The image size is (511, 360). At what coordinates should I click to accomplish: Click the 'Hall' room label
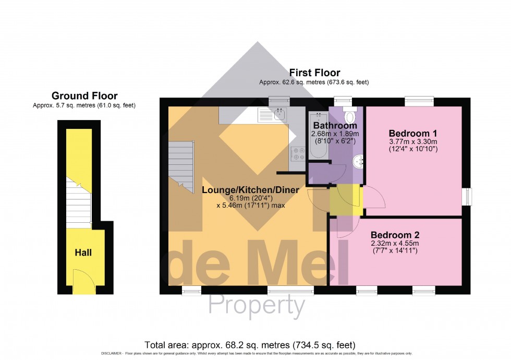(x=83, y=253)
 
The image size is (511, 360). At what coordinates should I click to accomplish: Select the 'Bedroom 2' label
(x=395, y=235)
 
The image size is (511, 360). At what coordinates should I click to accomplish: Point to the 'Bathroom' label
(x=335, y=126)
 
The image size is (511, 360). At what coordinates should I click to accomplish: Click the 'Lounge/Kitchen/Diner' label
(x=250, y=190)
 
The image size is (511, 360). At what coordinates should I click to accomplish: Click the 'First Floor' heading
(x=314, y=73)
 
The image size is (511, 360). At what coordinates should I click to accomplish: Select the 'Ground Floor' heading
(x=84, y=96)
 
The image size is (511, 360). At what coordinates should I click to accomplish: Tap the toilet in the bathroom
(x=349, y=115)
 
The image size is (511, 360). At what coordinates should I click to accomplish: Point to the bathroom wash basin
(x=358, y=162)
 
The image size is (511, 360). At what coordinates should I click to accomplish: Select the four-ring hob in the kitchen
(x=298, y=153)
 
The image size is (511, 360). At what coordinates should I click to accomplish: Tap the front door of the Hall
(x=83, y=281)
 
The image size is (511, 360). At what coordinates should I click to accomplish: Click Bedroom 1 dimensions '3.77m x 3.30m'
(x=413, y=141)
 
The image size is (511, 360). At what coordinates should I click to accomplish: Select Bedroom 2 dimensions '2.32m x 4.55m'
(x=395, y=244)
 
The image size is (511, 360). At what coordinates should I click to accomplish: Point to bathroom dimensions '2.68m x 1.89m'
(x=335, y=134)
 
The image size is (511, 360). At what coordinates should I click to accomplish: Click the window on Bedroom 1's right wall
(x=467, y=197)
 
